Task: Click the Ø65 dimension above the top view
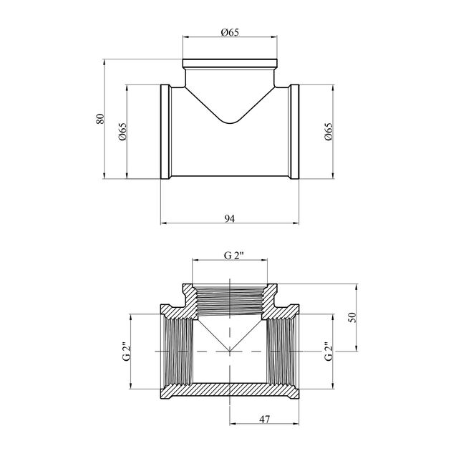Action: coord(230,32)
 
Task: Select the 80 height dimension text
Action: coord(100,119)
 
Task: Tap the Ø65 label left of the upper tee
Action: coord(122,132)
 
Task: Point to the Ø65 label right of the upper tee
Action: coord(329,132)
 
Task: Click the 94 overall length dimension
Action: coord(230,219)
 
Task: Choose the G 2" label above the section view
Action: coord(234,256)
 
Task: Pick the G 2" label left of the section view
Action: coord(127,351)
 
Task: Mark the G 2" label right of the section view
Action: coord(329,351)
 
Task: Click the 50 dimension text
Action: coord(352,317)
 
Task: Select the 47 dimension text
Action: coord(265,420)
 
